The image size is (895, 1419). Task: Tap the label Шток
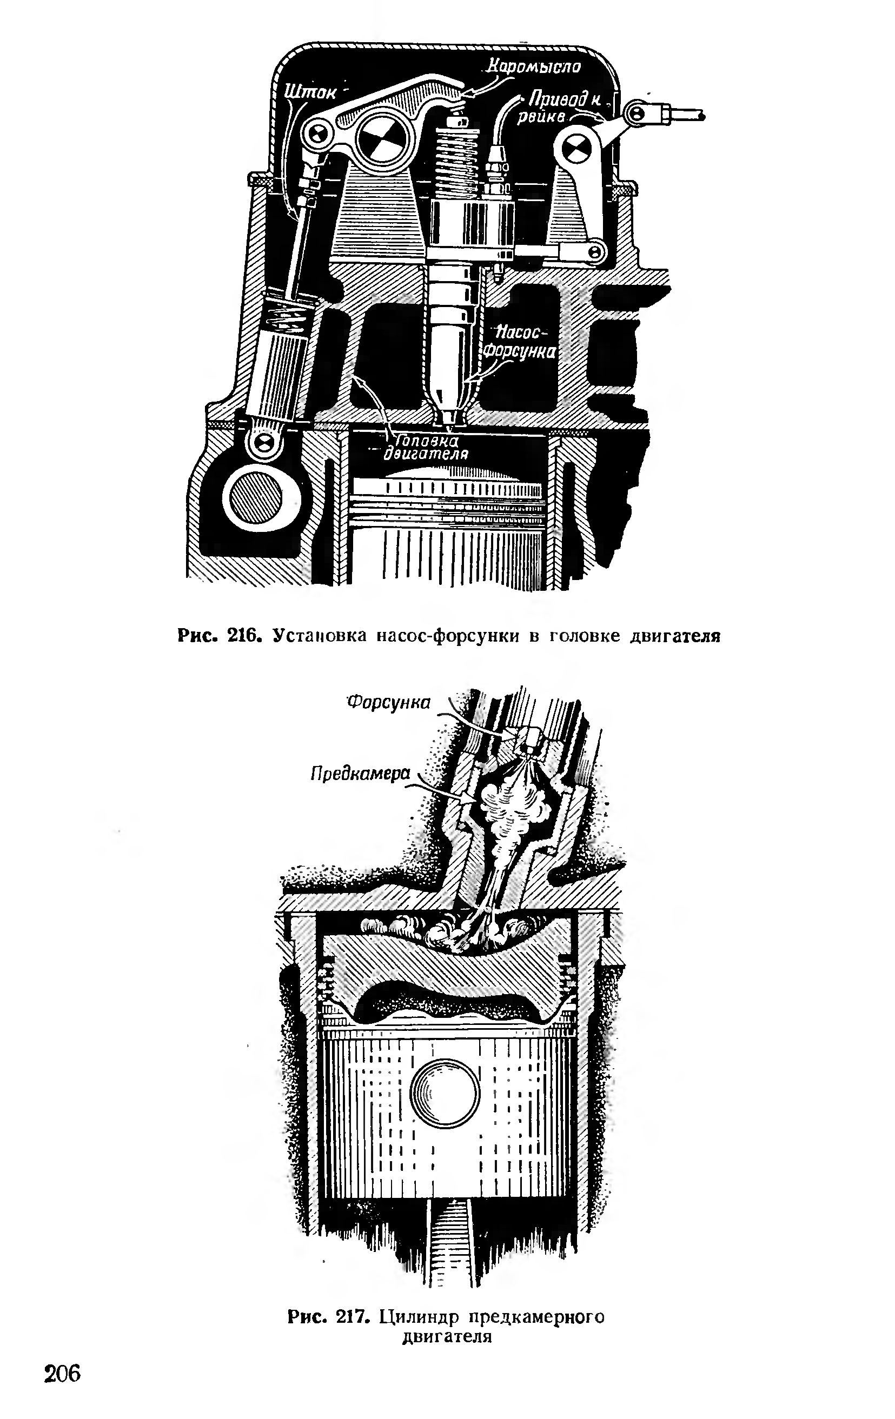point(311,92)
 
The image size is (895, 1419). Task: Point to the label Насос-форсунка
point(519,342)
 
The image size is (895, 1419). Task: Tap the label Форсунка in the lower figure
point(388,702)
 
